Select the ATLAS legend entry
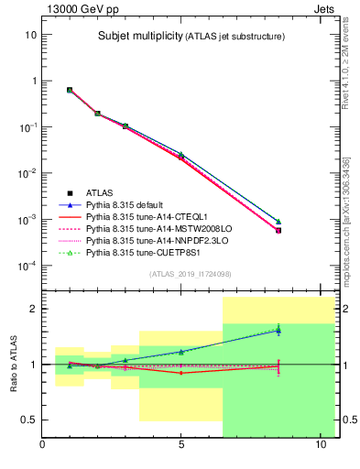coord(99,193)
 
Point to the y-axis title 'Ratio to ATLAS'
coord(12,364)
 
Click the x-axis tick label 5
coord(181,446)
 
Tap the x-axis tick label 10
coord(321,446)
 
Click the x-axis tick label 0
coord(42,446)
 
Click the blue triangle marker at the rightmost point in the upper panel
coord(278,222)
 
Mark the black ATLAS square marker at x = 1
coord(70,90)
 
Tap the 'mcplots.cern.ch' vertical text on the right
coord(346,234)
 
